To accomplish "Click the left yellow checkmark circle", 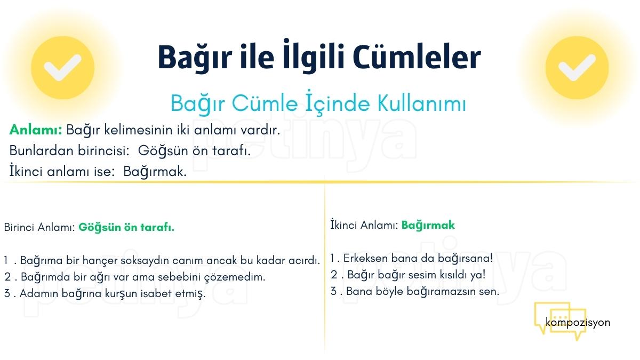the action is pyautogui.click(x=62, y=68).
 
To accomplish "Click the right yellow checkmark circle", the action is pyautogui.click(x=577, y=68).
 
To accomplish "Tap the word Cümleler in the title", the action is pyautogui.click(x=417, y=57).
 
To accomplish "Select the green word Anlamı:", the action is pyautogui.click(x=36, y=130).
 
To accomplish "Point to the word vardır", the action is pyautogui.click(x=260, y=130).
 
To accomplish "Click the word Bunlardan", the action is pyautogui.click(x=42, y=150).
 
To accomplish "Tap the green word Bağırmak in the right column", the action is pyautogui.click(x=428, y=226).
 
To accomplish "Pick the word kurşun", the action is pyautogui.click(x=121, y=294).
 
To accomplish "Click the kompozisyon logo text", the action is pyautogui.click(x=578, y=323).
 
